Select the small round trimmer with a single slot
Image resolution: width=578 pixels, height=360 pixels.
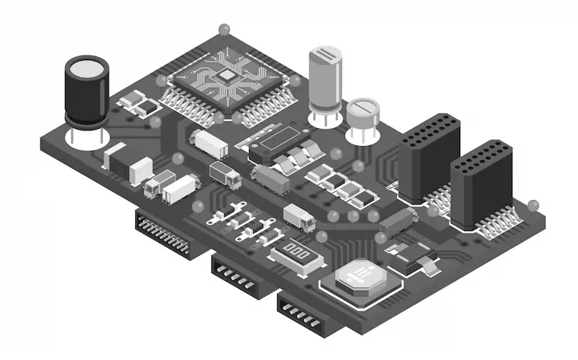(362, 112)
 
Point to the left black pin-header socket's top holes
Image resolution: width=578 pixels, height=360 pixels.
(430, 124)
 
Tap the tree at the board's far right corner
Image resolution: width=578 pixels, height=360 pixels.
(534, 205)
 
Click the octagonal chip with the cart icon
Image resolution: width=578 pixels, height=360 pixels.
(360, 276)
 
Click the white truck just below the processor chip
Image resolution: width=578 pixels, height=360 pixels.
(209, 143)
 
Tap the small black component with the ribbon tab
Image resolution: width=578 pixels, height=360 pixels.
(410, 255)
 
